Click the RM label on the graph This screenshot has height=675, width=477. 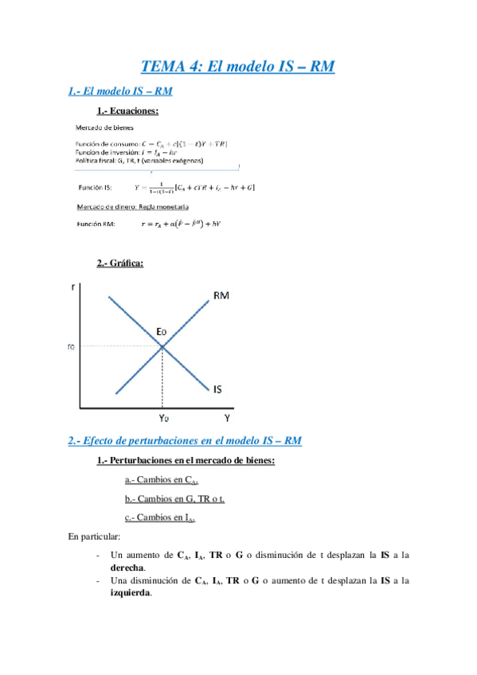pos(222,297)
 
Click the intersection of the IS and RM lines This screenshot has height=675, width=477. pos(163,346)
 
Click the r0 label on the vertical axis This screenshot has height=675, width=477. pos(72,346)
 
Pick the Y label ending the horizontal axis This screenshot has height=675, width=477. pos(227,417)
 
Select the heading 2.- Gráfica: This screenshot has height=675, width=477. pos(121,263)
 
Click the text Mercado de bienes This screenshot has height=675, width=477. pos(104,127)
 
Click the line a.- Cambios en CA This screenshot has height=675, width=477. pos(162,480)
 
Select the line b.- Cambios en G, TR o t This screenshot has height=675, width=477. pos(174,498)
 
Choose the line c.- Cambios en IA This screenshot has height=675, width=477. pos(160,517)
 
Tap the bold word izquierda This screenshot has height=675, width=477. pos(131,593)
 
